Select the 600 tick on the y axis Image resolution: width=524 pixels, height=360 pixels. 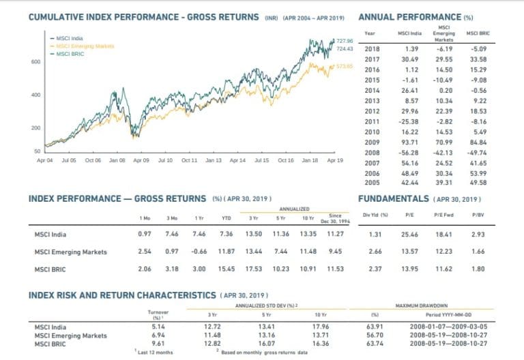(x=35, y=61)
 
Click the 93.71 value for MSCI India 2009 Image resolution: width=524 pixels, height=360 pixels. (x=411, y=142)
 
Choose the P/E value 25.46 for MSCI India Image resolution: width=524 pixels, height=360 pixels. (x=410, y=235)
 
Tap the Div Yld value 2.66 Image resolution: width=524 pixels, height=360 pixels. (x=373, y=252)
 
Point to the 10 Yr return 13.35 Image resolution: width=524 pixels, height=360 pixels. (x=308, y=235)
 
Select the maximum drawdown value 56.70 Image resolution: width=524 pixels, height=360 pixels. (x=373, y=335)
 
